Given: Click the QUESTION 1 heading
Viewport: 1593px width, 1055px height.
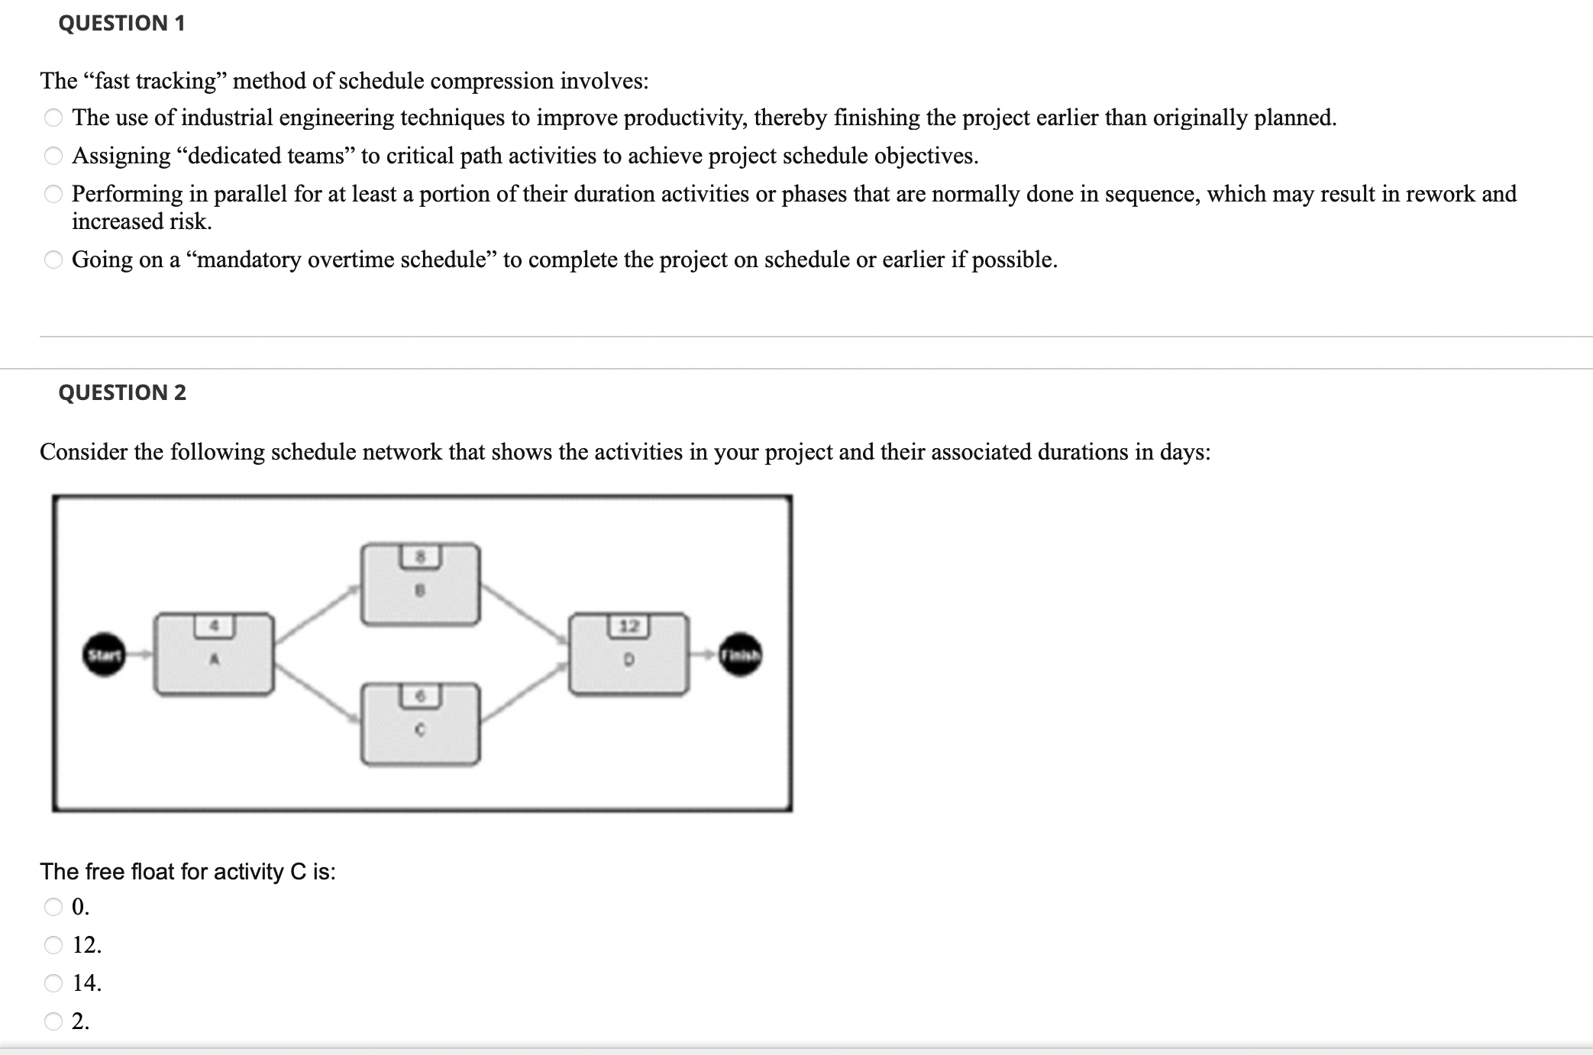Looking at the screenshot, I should click(x=121, y=23).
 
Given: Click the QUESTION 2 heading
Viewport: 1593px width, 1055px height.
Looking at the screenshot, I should click(x=122, y=392).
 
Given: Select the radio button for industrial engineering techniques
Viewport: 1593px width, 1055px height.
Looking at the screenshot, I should click(x=53, y=118).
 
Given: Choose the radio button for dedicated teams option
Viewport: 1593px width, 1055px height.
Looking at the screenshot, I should click(x=53, y=156).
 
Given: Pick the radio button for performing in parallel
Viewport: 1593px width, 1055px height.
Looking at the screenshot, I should click(x=53, y=194).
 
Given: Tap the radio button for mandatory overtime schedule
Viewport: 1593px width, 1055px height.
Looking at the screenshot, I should click(x=53, y=260).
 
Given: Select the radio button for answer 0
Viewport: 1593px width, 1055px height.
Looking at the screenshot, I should click(x=53, y=907).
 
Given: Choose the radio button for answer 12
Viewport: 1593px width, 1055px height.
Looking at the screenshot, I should click(x=53, y=945).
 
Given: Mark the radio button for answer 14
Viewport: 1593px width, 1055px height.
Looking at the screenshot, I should click(x=53, y=982).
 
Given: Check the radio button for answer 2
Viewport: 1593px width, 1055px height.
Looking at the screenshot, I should click(x=53, y=1021).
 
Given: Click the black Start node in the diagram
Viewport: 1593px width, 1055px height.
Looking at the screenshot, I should click(x=104, y=654).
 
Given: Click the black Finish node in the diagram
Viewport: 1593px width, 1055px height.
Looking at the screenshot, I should click(x=740, y=654).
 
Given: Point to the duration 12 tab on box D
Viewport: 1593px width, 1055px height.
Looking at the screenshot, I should click(x=628, y=627).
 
